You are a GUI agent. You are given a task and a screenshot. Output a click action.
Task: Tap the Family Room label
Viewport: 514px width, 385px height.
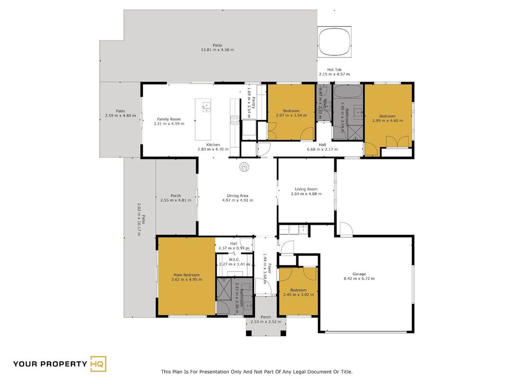pyautogui.click(x=169, y=119)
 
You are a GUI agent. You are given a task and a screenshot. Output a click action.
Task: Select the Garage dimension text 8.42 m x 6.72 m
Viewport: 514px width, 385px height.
pyautogui.click(x=359, y=279)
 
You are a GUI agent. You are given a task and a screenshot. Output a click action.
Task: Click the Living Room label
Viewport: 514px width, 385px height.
pyautogui.click(x=306, y=189)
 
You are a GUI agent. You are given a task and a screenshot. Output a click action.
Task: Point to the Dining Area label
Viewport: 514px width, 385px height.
pyautogui.click(x=237, y=195)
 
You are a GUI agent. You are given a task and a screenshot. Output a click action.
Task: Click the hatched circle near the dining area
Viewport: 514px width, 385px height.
pyautogui.click(x=244, y=167)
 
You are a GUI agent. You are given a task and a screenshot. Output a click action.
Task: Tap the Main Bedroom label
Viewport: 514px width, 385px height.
pyautogui.click(x=186, y=275)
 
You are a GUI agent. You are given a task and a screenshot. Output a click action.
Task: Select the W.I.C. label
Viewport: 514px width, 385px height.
pyautogui.click(x=235, y=259)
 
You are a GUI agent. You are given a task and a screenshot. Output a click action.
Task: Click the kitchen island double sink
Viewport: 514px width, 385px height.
pyautogui.click(x=206, y=107)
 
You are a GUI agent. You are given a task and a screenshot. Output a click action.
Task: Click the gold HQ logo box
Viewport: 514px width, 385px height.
pyautogui.click(x=98, y=364)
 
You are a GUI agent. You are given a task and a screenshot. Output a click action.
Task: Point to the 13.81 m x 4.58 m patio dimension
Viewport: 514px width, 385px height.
pyautogui.click(x=217, y=50)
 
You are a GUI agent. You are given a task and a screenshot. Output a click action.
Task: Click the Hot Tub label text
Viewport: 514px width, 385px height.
pyautogui.click(x=334, y=69)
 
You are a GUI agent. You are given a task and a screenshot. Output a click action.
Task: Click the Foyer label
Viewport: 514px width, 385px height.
pyautogui.click(x=269, y=269)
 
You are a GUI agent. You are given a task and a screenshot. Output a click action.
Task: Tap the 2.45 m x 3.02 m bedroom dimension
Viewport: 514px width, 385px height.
pyautogui.click(x=298, y=295)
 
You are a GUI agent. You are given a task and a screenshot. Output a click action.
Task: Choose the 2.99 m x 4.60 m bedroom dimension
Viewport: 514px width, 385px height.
pyautogui.click(x=387, y=120)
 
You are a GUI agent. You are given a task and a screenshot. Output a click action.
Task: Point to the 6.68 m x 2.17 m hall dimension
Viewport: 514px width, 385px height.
pyautogui.click(x=322, y=149)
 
